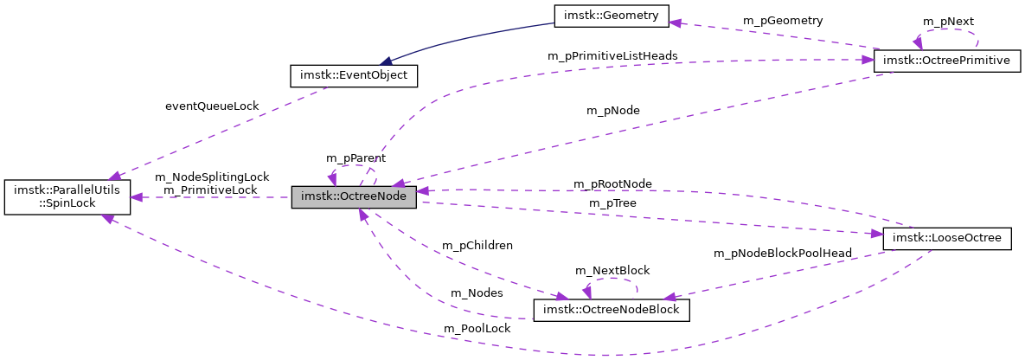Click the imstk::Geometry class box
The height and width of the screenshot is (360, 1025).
[611, 15]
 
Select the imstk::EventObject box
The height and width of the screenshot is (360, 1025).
[354, 76]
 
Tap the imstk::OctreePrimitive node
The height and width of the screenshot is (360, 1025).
[948, 61]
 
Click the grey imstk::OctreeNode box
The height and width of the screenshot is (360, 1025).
[354, 197]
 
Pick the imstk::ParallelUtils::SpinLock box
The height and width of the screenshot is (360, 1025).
[67, 197]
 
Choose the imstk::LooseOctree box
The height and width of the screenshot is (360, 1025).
[946, 238]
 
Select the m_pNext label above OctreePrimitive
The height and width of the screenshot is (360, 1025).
[948, 21]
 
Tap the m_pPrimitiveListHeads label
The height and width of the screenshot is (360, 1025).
[612, 55]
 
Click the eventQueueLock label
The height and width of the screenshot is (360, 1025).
[212, 106]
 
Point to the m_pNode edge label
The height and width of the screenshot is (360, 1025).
[613, 110]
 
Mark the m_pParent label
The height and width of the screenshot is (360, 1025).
[356, 158]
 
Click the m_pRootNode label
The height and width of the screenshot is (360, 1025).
[612, 184]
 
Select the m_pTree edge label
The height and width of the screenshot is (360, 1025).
[613, 202]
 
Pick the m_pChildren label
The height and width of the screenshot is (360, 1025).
[477, 245]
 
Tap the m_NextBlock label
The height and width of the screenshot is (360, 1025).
[612, 271]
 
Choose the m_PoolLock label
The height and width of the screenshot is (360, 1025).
[477, 329]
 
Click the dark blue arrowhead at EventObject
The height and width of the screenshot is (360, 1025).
[387, 61]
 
